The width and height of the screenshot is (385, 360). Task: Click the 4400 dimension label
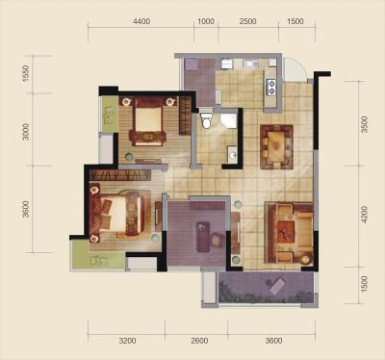141,21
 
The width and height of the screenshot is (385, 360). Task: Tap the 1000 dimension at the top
206,21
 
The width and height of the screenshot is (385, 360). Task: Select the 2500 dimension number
248,21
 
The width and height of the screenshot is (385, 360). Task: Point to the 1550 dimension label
26,74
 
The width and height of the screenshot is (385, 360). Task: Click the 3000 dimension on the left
26,132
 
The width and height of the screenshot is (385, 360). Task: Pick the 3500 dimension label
364,124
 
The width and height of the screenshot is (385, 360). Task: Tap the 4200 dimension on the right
364,215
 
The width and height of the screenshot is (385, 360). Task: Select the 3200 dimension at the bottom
127,341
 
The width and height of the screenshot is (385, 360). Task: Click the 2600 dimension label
199,341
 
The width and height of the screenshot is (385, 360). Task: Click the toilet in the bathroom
206,119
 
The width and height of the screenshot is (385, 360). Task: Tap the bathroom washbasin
232,155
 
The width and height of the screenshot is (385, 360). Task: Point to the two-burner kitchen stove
271,87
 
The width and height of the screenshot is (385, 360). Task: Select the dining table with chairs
276,146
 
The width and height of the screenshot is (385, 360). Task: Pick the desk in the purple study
203,237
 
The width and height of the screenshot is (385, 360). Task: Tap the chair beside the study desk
218,240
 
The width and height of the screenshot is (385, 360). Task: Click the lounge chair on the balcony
276,287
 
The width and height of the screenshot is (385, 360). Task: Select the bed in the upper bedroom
148,122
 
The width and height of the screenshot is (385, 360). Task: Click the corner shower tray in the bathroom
228,119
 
